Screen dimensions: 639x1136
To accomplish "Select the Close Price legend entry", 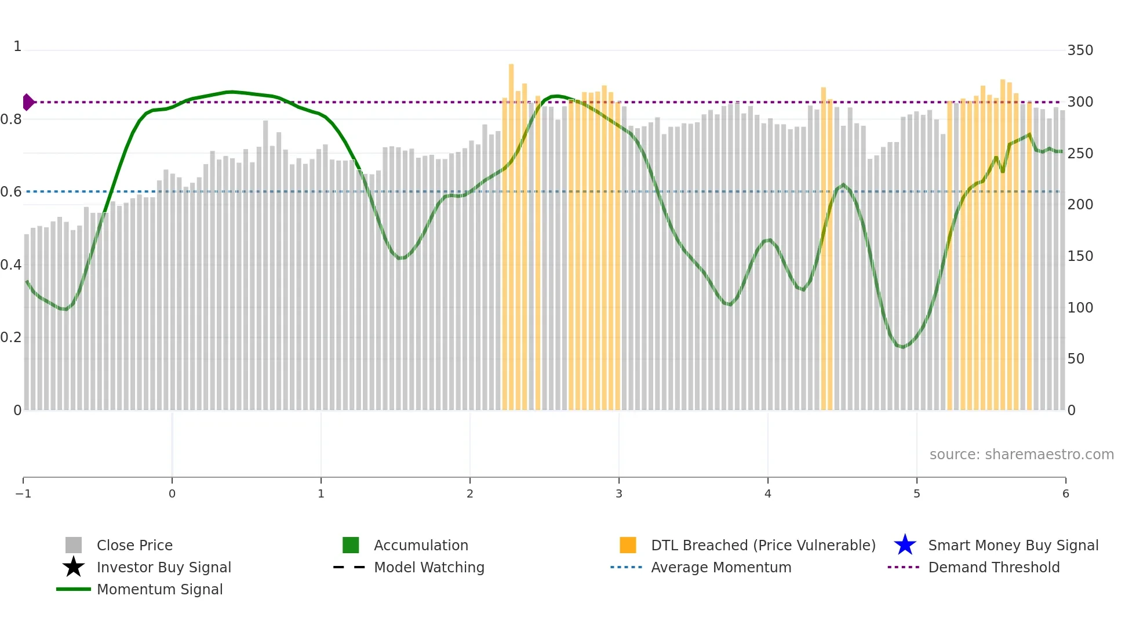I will [134, 545].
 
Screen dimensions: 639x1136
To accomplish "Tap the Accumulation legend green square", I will [351, 545].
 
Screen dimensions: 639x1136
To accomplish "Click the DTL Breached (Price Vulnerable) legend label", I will [763, 545].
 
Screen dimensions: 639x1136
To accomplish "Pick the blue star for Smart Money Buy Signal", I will [905, 545].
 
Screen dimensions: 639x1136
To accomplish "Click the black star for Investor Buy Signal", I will [74, 567].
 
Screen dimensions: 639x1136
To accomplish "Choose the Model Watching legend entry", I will [429, 567].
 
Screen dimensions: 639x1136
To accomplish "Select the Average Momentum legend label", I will [721, 567].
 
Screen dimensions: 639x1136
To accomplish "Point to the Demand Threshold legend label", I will [993, 567].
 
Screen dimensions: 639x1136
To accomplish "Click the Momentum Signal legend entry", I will [159, 589].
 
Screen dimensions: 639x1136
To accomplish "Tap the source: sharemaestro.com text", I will [1021, 454].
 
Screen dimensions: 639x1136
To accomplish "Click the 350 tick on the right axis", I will [1080, 50].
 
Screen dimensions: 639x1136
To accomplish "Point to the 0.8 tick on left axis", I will [11, 119].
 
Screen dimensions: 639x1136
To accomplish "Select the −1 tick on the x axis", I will [23, 493].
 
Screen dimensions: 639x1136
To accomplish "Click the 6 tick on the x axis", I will [1065, 493].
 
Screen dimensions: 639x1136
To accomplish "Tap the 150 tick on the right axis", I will [1080, 256].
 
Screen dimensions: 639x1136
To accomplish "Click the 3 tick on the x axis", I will [618, 493].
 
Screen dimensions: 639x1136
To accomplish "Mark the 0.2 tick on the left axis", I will [11, 337].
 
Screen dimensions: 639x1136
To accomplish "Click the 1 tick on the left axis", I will [17, 46].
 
